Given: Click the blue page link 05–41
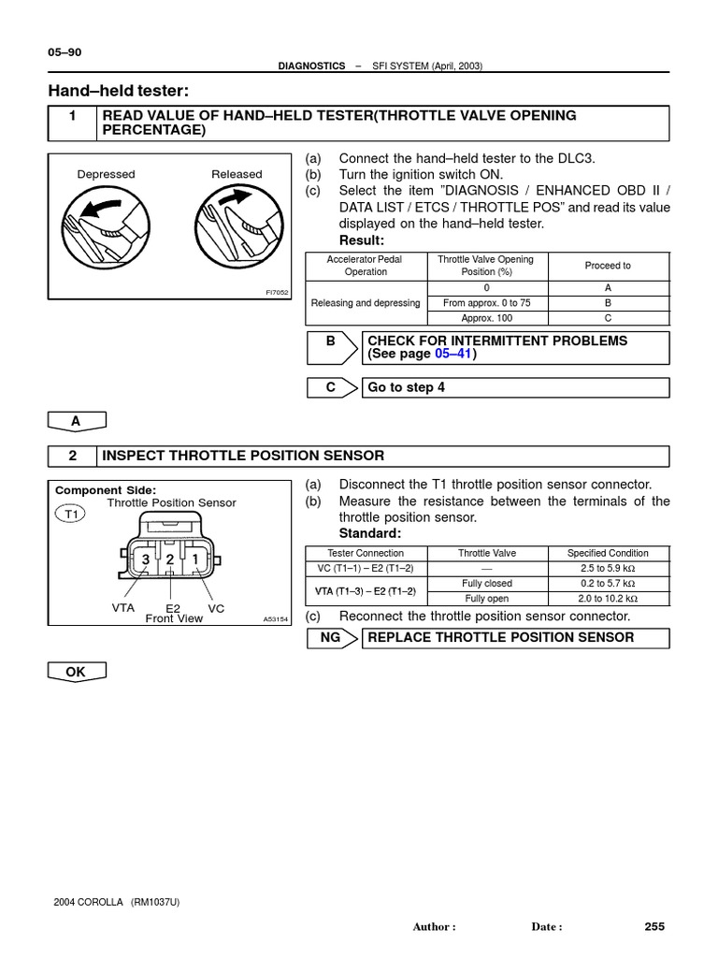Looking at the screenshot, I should [452, 355].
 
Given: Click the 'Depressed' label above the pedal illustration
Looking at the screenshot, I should [106, 174].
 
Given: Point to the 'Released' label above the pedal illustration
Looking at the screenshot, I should [237, 174].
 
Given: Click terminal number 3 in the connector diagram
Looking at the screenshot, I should [146, 559].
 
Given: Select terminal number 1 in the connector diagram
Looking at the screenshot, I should [194, 559].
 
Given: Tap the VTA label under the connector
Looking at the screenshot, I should [123, 607].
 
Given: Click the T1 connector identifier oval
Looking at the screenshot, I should [69, 513].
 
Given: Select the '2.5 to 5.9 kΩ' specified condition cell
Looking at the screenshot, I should [608, 568].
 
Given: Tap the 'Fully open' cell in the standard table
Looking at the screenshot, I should [487, 598].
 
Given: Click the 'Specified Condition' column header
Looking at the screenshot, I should [608, 553].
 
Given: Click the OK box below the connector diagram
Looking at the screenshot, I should [76, 671].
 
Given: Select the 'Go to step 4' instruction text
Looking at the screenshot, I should [406, 387].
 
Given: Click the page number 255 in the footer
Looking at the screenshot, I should [654, 926].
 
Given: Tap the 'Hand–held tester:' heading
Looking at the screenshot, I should [118, 90].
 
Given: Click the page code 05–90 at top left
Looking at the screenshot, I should [65, 52].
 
